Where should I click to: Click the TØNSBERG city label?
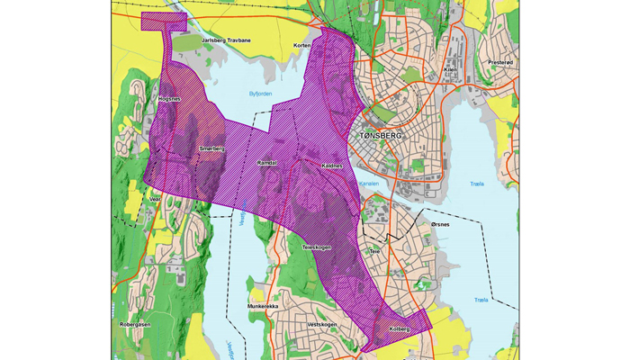click(x=382, y=135)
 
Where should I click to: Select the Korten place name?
click(x=302, y=45)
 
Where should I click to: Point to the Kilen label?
click(x=453, y=69)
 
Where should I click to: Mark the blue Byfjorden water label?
click(x=259, y=94)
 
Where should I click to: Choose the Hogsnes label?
click(x=169, y=99)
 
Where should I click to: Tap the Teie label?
click(x=375, y=252)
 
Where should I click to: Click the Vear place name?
click(x=155, y=200)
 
